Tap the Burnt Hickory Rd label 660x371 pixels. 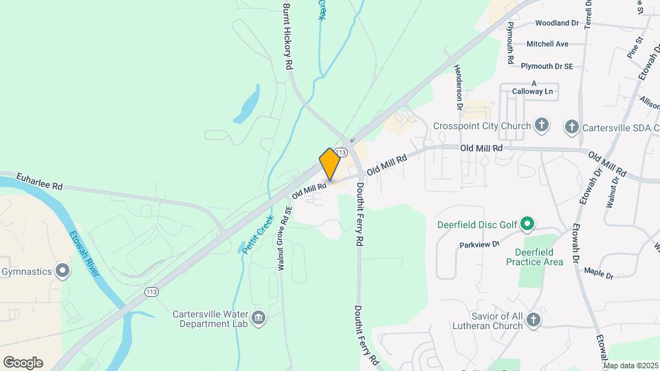coord(288,34)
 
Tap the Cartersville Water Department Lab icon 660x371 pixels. coord(259,317)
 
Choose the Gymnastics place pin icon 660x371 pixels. coord(63,271)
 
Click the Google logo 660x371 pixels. coord(23,363)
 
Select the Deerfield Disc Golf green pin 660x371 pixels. coord(527,225)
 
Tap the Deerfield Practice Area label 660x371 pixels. coord(534,257)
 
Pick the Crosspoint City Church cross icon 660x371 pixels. coord(542,126)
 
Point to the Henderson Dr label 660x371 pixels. coord(459,88)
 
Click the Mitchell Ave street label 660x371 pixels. coord(547,44)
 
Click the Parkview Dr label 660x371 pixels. coord(481,245)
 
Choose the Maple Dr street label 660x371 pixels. coord(598,273)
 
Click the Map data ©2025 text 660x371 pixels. coord(630,366)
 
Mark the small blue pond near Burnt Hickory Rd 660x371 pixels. coord(247,104)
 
